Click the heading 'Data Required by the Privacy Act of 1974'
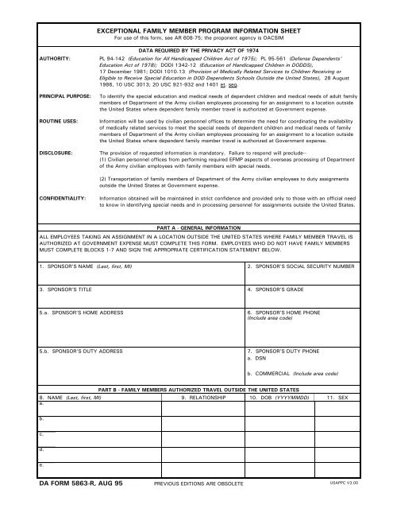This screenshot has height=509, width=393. click(x=196, y=49)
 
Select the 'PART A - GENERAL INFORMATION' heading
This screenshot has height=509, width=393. click(x=196, y=226)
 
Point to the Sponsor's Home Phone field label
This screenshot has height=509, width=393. click(x=289, y=313)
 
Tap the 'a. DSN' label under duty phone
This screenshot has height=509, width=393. click(x=259, y=357)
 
